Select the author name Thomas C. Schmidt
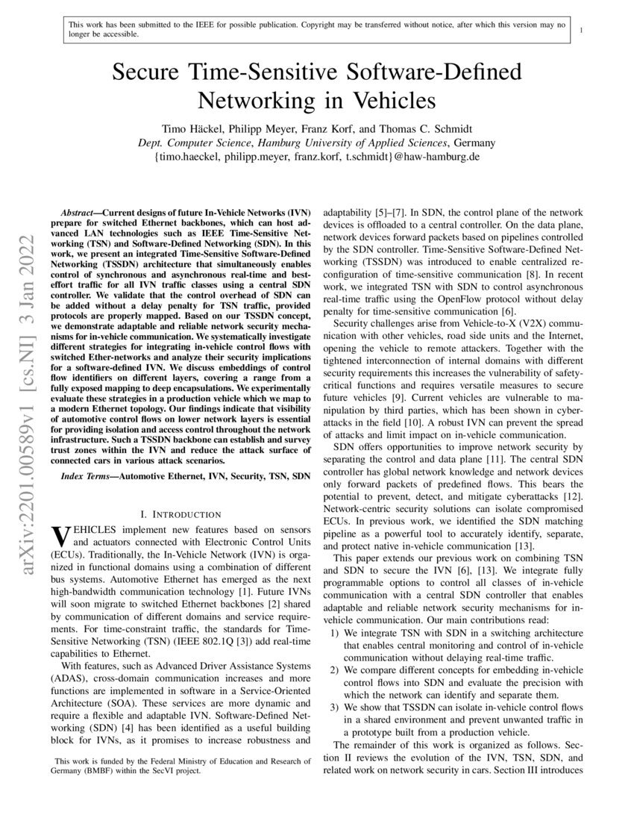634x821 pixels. click(x=426, y=128)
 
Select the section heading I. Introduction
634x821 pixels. click(x=181, y=513)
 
